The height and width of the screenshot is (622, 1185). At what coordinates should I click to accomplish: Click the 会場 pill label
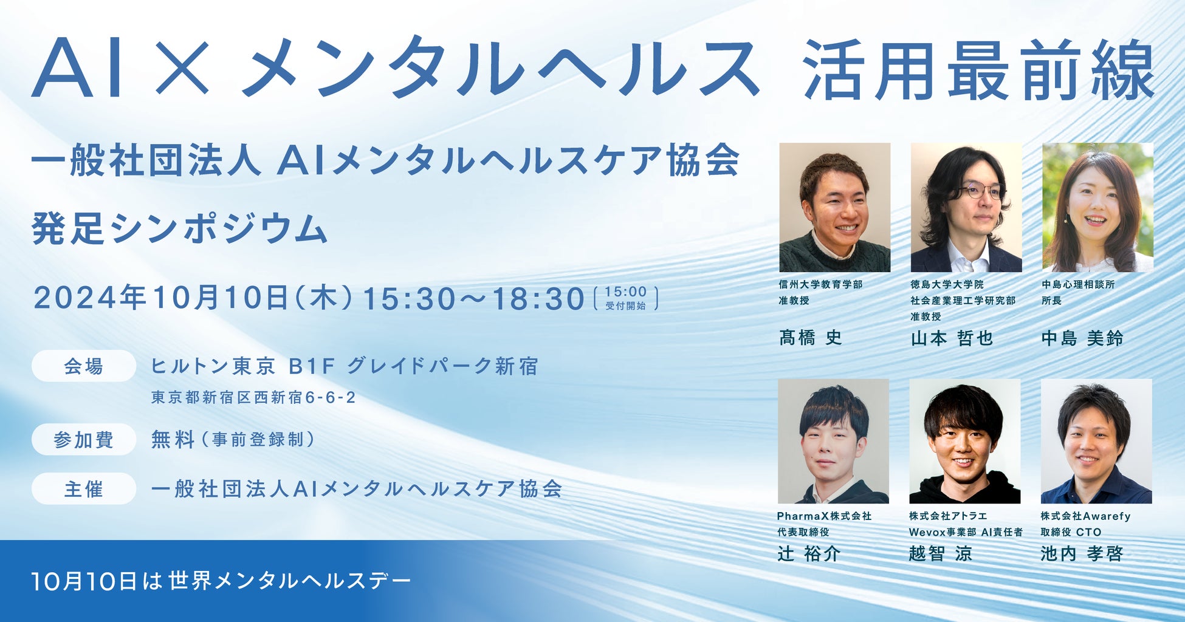point(84,366)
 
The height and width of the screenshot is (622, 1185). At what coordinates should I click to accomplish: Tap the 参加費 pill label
point(84,439)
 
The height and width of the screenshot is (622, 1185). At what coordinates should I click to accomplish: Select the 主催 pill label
point(84,489)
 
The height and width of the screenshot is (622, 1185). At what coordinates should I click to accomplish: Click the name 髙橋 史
point(811,337)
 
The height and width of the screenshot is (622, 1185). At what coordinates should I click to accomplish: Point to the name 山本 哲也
point(952,338)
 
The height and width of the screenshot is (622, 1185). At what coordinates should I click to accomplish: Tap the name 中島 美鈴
point(1082,338)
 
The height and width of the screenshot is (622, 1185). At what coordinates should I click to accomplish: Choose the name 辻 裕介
point(809,553)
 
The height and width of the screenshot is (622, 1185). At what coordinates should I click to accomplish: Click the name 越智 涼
point(941,553)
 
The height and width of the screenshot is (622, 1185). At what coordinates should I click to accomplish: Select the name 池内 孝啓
point(1082,553)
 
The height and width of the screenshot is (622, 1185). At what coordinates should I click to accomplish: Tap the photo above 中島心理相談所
point(1097,207)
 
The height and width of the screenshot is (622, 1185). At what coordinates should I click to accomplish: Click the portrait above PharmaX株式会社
point(833,441)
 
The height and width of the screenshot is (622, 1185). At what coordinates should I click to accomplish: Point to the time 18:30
point(538,299)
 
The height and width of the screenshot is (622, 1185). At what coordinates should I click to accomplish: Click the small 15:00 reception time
point(626,292)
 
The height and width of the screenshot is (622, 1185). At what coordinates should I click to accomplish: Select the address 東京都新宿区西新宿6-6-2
point(253,398)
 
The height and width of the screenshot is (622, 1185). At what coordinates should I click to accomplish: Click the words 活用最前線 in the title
point(978,69)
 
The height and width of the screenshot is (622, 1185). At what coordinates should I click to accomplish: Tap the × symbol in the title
point(183,67)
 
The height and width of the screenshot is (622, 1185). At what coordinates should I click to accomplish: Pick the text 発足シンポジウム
point(180,228)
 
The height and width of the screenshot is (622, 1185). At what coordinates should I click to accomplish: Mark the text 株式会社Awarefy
point(1085,516)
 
